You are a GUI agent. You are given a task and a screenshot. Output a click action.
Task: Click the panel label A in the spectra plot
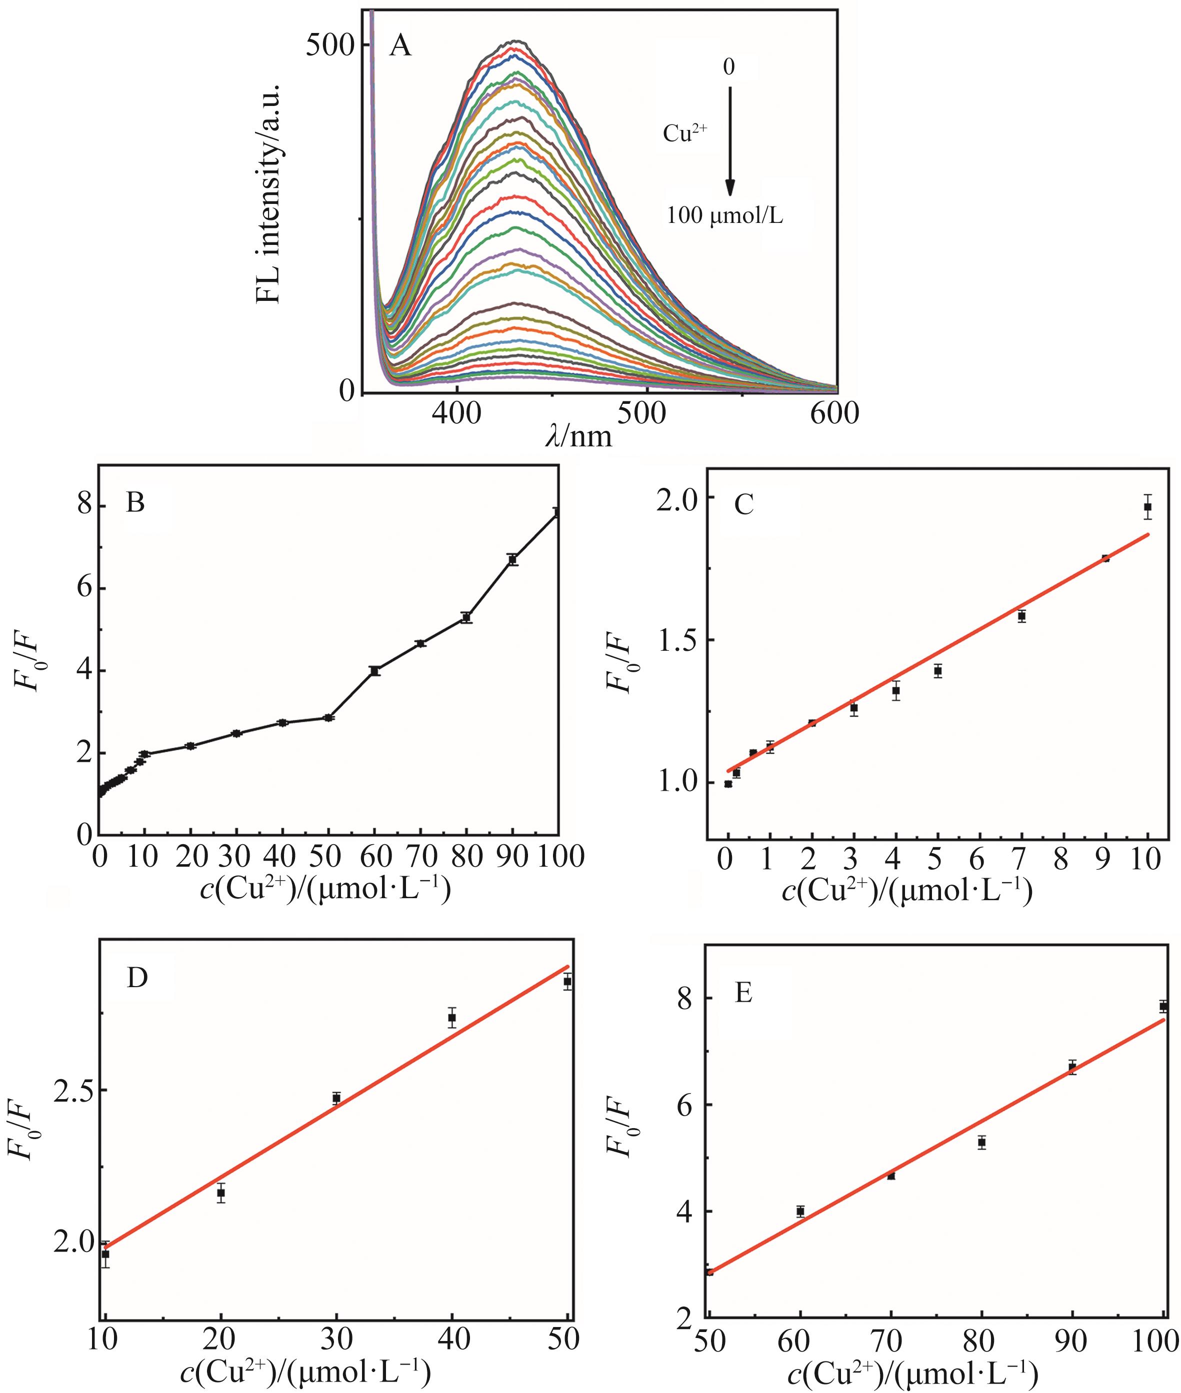point(400,47)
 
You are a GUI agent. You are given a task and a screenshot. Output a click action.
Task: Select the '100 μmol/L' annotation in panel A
point(724,216)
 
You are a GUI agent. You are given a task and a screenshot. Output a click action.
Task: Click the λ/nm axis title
point(578,436)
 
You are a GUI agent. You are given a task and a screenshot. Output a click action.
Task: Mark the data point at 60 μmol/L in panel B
point(375,671)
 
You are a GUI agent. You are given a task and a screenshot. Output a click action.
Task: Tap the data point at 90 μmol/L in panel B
point(513,560)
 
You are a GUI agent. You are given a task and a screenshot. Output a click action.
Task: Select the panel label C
point(744,504)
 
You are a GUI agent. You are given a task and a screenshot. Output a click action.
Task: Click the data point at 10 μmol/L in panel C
point(1147,507)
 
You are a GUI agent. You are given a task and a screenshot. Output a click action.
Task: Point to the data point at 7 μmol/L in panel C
point(1021,616)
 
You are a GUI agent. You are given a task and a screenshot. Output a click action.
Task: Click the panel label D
point(137,978)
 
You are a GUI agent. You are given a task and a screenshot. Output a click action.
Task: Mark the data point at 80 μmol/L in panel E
point(981,1142)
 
